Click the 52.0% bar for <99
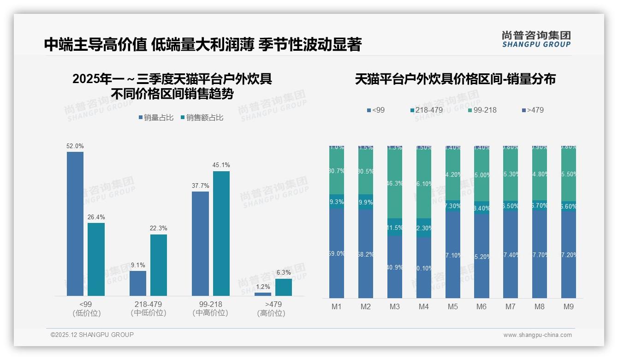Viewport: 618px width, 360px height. pos(75,223)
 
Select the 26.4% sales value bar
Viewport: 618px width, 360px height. pos(96,259)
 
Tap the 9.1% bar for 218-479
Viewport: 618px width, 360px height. pos(137,283)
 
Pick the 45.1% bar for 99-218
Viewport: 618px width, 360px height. pos(221,233)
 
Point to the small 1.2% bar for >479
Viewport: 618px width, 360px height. pos(263,294)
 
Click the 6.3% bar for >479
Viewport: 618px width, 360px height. pos(284,287)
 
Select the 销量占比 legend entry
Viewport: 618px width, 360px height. pos(156,118)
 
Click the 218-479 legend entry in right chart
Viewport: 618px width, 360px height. pos(426,110)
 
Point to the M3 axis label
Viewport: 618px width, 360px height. pos(395,306)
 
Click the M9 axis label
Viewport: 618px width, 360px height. pos(569,306)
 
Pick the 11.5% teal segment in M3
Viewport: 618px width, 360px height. pos(395,228)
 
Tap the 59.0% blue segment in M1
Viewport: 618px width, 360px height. pos(337,253)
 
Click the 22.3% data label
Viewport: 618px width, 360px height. pos(158,228)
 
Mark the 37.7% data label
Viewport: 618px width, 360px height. pos(200,186)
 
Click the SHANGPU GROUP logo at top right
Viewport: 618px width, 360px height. pos(536,39)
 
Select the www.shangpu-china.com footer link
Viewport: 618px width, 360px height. pos(537,335)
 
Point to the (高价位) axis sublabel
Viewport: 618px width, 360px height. pos(271,313)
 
